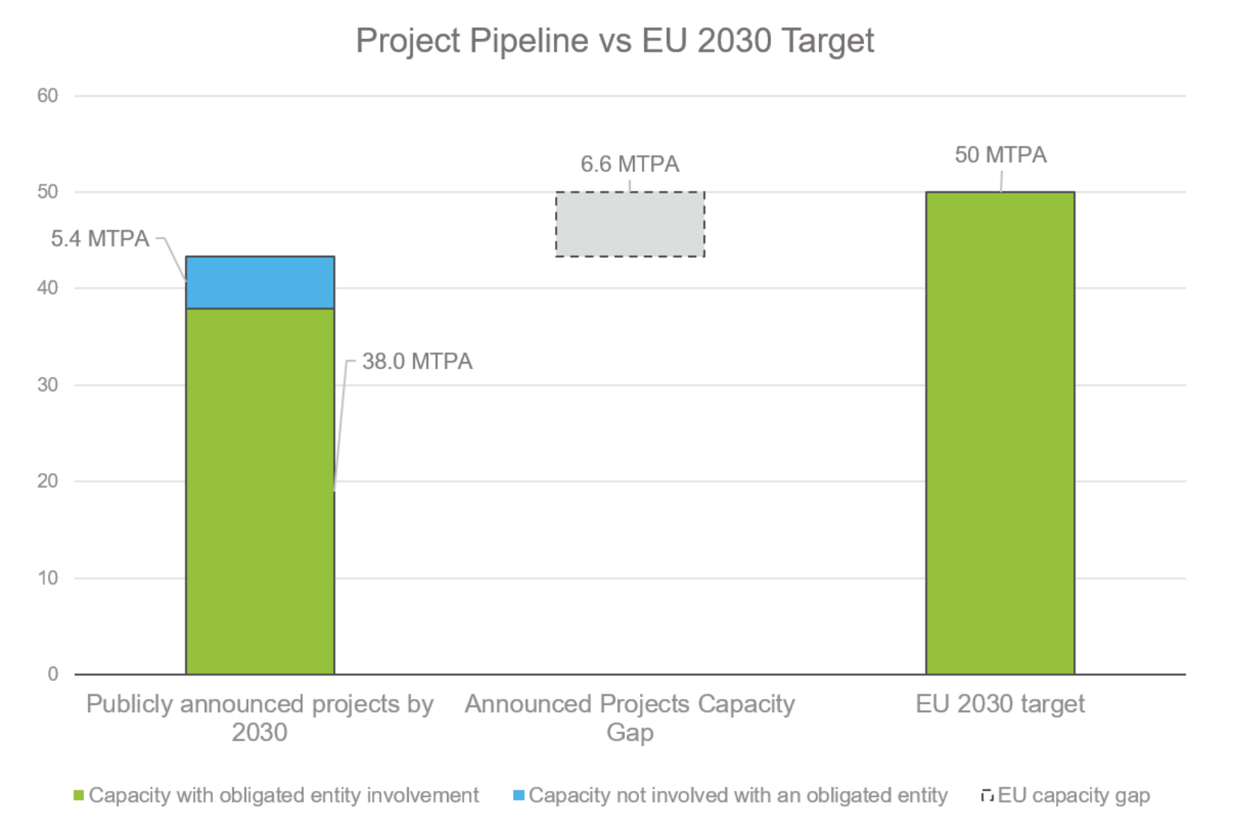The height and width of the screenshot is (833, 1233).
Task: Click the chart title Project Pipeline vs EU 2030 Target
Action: point(614,40)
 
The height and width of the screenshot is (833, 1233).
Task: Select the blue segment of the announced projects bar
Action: point(259,283)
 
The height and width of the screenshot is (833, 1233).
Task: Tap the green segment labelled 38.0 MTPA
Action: point(259,491)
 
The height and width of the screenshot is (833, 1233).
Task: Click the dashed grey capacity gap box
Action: point(629,224)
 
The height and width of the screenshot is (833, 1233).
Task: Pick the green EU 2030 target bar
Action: point(999,433)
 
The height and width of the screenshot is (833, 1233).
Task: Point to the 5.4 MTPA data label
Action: point(100,239)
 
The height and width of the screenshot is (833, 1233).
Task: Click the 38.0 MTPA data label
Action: point(417,361)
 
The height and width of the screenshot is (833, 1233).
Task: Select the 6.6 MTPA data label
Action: point(629,164)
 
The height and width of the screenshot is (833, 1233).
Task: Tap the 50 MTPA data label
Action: point(1000,155)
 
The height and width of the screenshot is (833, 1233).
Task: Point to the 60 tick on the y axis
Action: point(47,96)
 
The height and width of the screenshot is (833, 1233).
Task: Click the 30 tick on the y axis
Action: point(47,385)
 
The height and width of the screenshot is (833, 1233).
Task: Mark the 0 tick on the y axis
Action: point(52,674)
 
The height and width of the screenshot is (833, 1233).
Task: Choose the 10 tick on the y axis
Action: point(47,578)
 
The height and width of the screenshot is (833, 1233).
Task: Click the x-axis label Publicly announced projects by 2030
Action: point(259,718)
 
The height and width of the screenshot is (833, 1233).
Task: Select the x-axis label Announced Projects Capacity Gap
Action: point(629,718)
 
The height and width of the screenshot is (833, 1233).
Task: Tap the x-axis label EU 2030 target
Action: point(999,704)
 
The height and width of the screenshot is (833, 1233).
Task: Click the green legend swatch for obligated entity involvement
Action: point(79,796)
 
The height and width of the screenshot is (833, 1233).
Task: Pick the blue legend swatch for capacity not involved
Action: point(518,796)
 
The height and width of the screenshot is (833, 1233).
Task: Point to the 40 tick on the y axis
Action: point(47,288)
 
